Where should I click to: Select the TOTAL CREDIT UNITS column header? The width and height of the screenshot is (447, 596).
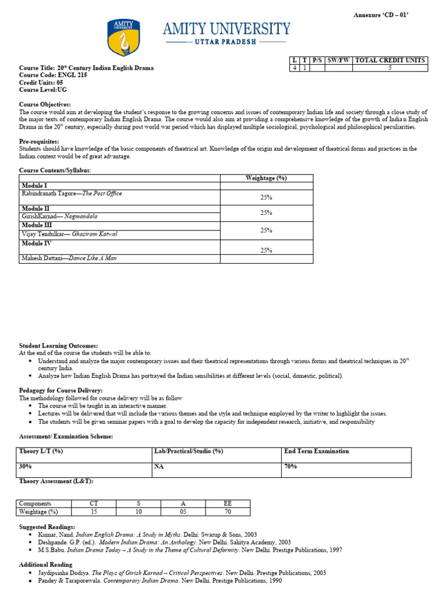pyautogui.click(x=390, y=61)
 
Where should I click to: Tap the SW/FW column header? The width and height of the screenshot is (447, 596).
pyautogui.click(x=339, y=61)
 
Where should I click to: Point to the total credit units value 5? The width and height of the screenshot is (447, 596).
pyautogui.click(x=390, y=68)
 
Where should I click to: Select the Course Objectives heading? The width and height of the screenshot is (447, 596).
pyautogui.click(x=45, y=104)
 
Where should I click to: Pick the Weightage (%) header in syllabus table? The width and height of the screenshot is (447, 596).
pyautogui.click(x=267, y=178)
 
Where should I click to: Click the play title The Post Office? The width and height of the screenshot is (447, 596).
pyautogui.click(x=101, y=194)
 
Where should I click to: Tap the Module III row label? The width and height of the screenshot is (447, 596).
pyautogui.click(x=37, y=225)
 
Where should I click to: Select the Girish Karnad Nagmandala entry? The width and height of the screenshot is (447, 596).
pyautogui.click(x=59, y=216)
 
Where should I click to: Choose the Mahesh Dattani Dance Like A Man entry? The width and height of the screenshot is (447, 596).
pyautogui.click(x=69, y=258)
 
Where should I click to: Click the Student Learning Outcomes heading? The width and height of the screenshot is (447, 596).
pyautogui.click(x=58, y=346)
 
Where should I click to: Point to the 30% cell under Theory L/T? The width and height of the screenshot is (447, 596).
pyautogui.click(x=26, y=467)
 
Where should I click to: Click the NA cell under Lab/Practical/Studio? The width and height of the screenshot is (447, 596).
pyautogui.click(x=159, y=467)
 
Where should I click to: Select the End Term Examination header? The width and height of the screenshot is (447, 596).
pyautogui.click(x=317, y=451)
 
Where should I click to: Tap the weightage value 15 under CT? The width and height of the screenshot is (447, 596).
pyautogui.click(x=94, y=512)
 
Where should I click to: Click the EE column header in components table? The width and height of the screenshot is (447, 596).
pyautogui.click(x=228, y=503)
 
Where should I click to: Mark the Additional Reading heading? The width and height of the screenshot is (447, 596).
pyautogui.click(x=46, y=565)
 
